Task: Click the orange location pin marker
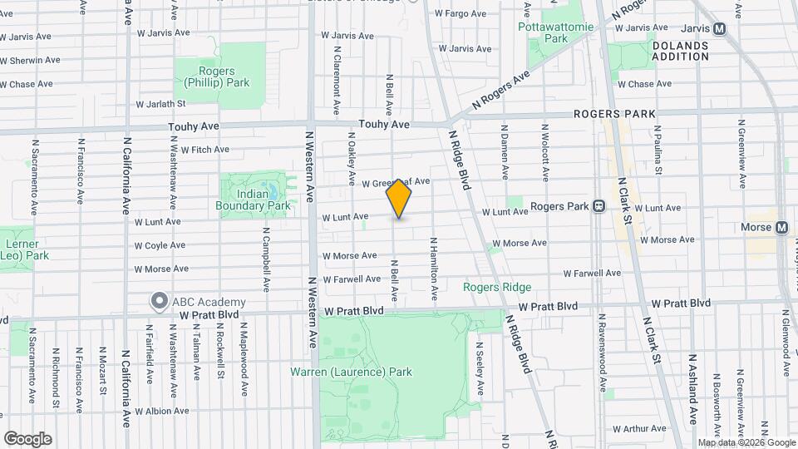click(x=399, y=198)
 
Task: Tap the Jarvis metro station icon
click(x=720, y=27)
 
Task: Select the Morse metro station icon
click(x=781, y=227)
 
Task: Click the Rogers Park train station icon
click(x=598, y=206)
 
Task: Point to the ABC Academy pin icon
click(x=157, y=301)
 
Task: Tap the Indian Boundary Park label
click(x=253, y=200)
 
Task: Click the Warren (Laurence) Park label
click(x=351, y=372)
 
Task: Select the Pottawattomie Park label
click(x=555, y=32)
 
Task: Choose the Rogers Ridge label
click(x=496, y=288)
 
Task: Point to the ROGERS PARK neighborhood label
click(x=614, y=114)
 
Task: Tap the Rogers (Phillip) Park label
click(x=217, y=77)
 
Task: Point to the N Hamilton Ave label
click(x=433, y=269)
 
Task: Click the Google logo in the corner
click(x=27, y=439)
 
